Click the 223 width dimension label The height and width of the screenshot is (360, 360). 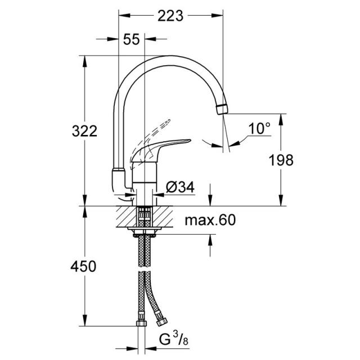[170, 16]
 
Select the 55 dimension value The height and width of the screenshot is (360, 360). [131, 39]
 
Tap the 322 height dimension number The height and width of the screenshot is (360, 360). [84, 131]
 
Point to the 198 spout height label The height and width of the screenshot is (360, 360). [281, 160]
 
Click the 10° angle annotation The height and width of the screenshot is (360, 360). [259, 129]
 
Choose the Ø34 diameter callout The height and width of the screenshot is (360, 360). [180, 187]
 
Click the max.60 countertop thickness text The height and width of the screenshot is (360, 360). [210, 220]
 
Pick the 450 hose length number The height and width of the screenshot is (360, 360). [83, 267]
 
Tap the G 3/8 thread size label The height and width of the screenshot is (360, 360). [174, 340]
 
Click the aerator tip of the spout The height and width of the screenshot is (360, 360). [222, 109]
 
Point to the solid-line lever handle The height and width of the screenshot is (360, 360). [161, 149]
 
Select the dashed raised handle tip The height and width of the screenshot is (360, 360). [166, 123]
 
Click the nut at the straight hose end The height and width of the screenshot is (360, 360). [141, 323]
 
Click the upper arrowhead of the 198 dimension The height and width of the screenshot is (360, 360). [281, 119]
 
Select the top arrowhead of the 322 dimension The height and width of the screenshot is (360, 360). [84, 61]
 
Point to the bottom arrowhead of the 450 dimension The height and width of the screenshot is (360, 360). [84, 320]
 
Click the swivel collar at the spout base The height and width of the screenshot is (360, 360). [119, 170]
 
